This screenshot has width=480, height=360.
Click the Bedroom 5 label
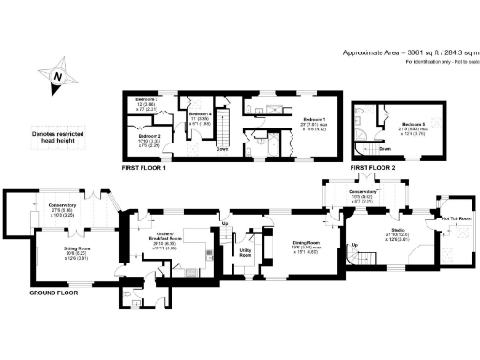[x=387, y=124]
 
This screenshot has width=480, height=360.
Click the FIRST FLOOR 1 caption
[x=143, y=166]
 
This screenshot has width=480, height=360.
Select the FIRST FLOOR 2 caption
[x=369, y=166]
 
